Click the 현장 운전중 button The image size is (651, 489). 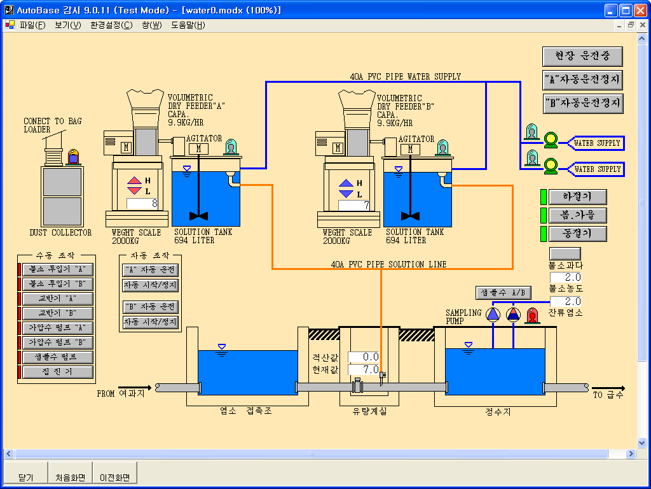(x=582, y=57)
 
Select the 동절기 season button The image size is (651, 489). (x=577, y=234)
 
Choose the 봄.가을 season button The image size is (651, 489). (x=577, y=215)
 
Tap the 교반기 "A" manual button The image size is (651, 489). (x=57, y=299)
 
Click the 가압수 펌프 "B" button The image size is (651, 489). (x=57, y=343)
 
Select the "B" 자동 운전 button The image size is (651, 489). (x=150, y=307)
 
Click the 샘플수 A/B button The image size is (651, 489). (x=503, y=293)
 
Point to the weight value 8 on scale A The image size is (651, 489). (x=142, y=204)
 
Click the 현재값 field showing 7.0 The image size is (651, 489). (x=364, y=369)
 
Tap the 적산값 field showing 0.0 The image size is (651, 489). (x=364, y=357)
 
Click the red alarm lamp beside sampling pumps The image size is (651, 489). (x=531, y=315)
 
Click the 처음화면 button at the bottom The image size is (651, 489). (x=70, y=478)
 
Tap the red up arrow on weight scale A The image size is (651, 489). (x=134, y=181)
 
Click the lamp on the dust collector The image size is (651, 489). (x=74, y=157)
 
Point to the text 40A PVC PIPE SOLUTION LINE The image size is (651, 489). (x=388, y=264)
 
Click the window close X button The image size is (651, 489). (x=639, y=10)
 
